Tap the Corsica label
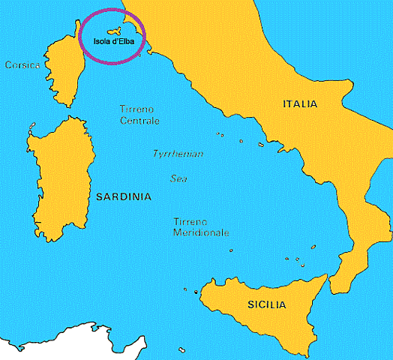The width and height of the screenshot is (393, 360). (x=22, y=65)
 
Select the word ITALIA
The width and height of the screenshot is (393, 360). (x=300, y=103)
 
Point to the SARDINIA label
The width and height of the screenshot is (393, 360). (x=124, y=197)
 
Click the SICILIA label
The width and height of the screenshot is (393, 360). (x=266, y=304)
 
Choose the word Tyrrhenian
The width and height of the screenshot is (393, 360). (x=178, y=154)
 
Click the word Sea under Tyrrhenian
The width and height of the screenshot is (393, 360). (x=178, y=178)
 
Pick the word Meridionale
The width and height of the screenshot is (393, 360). (x=201, y=233)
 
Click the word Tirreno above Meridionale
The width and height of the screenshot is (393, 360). (x=191, y=222)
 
